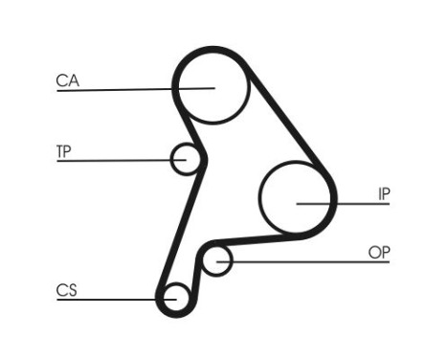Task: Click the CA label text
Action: (x=67, y=81)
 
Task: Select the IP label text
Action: (x=384, y=193)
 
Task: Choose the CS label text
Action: (x=66, y=290)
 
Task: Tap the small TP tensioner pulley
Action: (x=186, y=159)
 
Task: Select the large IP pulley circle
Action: (x=297, y=198)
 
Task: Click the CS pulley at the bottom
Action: (x=174, y=298)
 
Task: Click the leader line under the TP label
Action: (x=115, y=160)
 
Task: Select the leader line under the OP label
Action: (x=306, y=260)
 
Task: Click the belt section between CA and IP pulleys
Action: (x=287, y=115)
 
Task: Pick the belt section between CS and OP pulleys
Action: (x=196, y=278)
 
